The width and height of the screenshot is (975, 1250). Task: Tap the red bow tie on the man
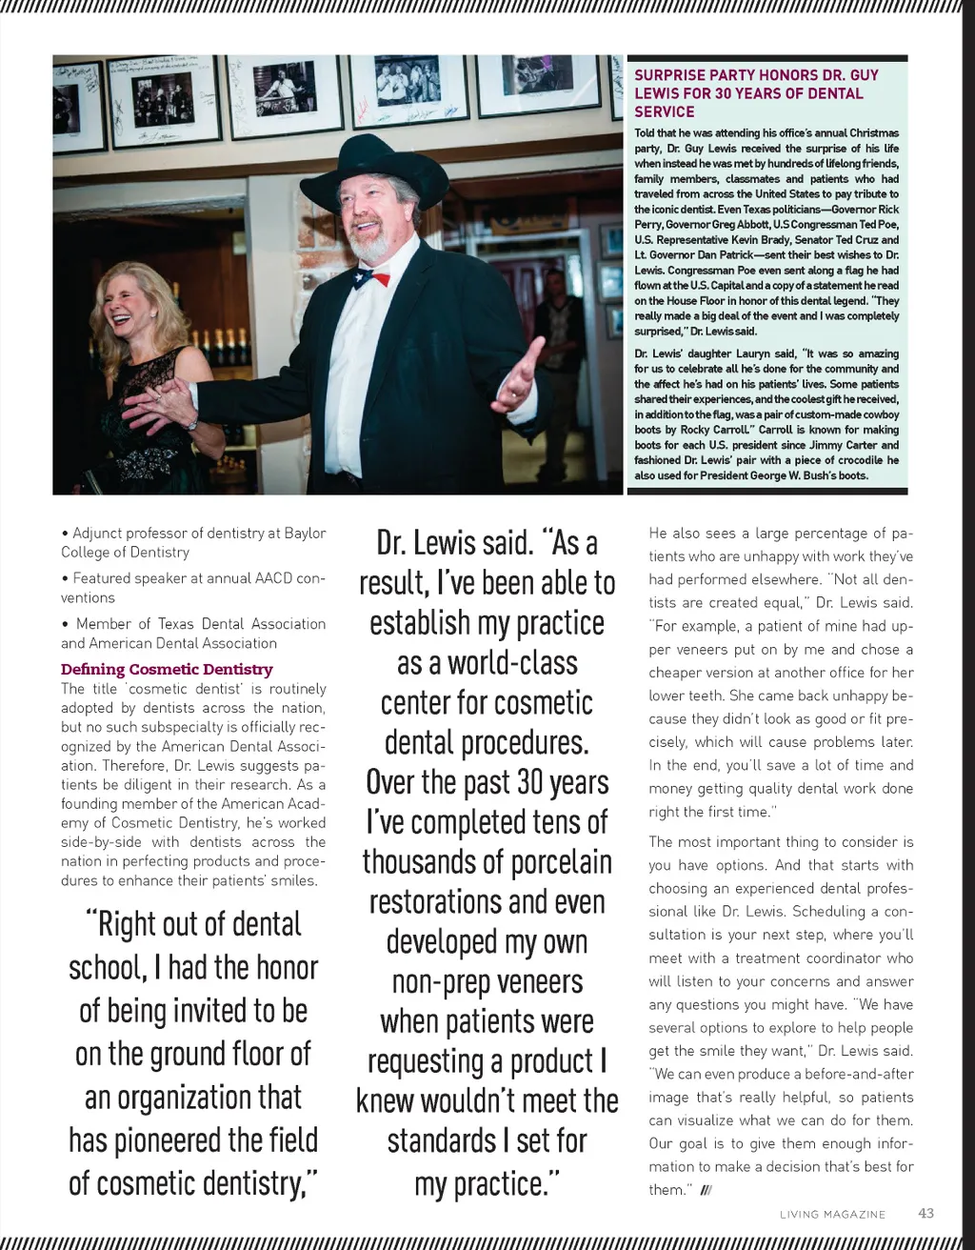(x=372, y=279)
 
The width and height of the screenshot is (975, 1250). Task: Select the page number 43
(x=925, y=1213)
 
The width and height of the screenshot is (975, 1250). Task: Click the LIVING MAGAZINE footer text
(x=832, y=1214)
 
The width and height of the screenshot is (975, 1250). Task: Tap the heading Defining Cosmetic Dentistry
(x=167, y=669)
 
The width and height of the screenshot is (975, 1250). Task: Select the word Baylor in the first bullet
(x=305, y=533)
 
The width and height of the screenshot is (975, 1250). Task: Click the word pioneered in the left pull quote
(x=168, y=1139)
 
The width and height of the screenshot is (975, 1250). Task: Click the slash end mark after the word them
(x=706, y=1190)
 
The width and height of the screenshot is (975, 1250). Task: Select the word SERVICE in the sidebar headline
(x=665, y=111)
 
